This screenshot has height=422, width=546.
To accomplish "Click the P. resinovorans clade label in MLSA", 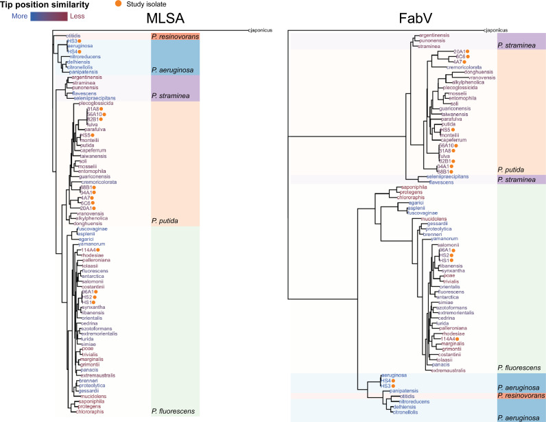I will (174, 36).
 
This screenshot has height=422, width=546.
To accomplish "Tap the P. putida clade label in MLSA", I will (166, 221).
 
